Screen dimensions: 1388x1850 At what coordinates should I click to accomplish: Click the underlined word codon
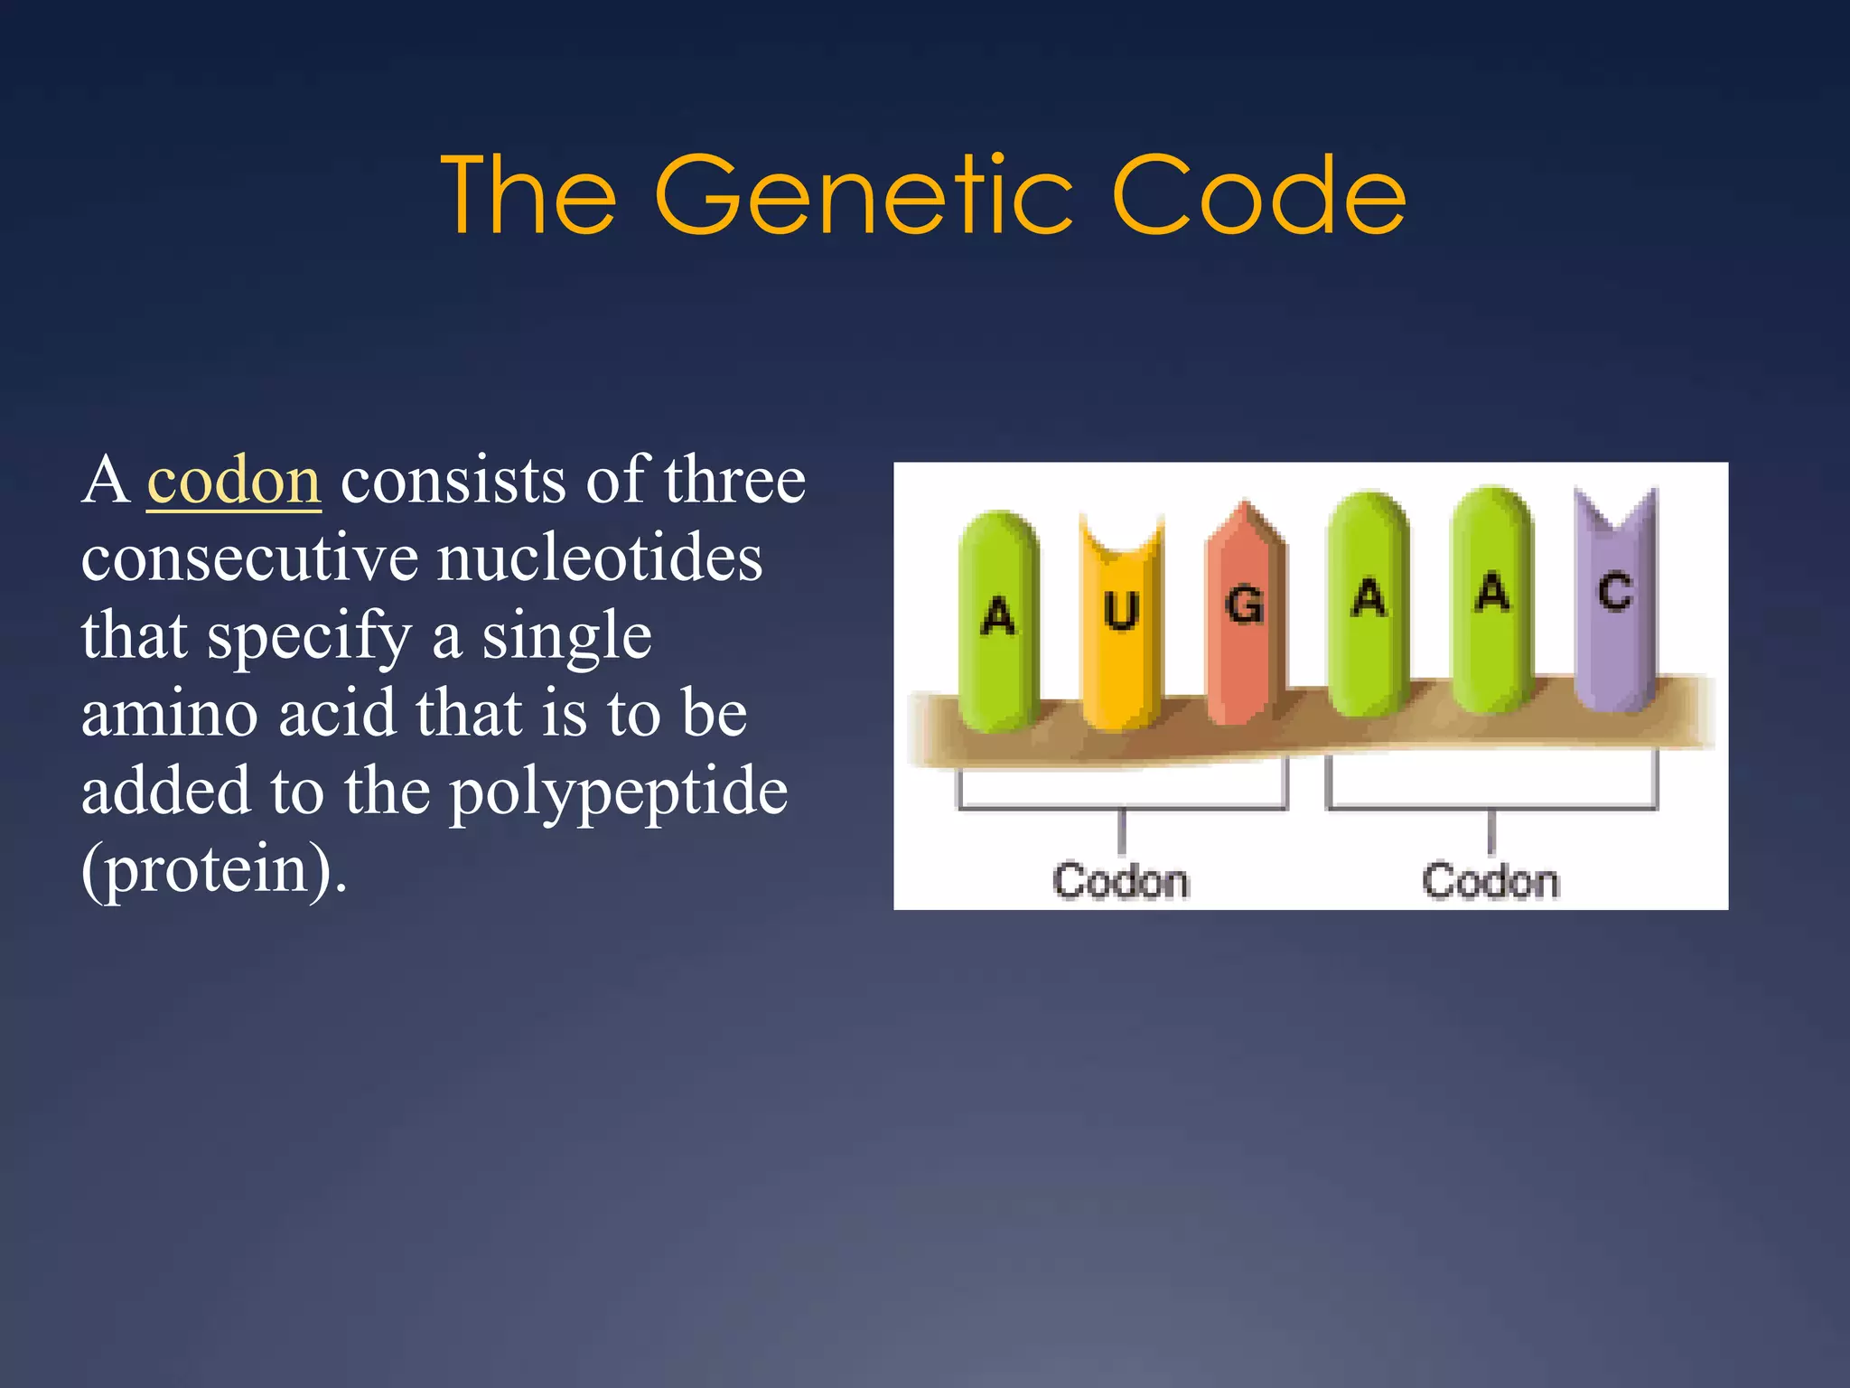pos(234,481)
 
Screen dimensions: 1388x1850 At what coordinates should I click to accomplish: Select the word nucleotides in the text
pos(600,558)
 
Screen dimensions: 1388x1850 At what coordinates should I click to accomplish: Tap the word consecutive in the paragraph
pos(249,558)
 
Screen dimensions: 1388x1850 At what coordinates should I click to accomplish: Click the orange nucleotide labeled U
pos(1121,624)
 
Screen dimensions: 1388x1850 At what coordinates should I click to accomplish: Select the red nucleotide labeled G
pos(1244,614)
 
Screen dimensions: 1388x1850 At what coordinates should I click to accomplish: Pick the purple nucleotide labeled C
pos(1614,601)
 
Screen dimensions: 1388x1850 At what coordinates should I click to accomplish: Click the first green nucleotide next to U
pos(998,624)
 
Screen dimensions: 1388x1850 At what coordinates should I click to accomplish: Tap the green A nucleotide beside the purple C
pos(1492,601)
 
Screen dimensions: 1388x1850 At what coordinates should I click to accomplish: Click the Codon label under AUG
pos(1121,881)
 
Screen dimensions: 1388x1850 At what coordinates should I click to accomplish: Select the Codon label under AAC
pos(1490,881)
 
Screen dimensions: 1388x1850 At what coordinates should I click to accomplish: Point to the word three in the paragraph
pos(734,481)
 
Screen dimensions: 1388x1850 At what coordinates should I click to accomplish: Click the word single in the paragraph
pos(566,636)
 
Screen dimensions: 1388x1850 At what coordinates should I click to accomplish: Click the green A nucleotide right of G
pos(1368,605)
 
